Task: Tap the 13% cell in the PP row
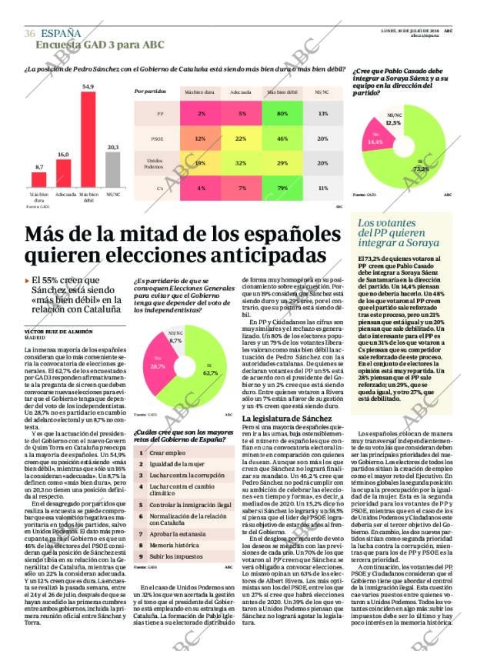pyautogui.click(x=322, y=113)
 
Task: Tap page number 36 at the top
pyautogui.click(x=29, y=33)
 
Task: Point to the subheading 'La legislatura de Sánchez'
pyautogui.click(x=276, y=417)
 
